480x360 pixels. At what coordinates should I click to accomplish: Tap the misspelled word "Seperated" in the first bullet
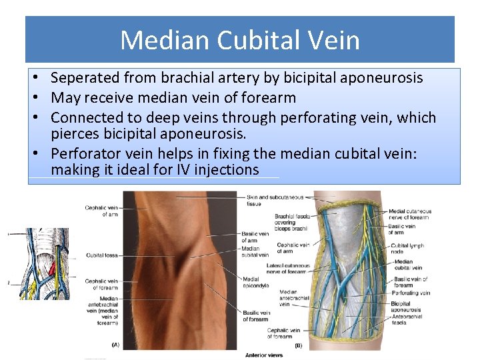click(x=83, y=78)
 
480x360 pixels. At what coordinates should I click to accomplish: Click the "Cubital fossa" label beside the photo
click(x=102, y=255)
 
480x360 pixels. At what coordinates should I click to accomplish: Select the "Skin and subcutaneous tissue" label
click(x=274, y=201)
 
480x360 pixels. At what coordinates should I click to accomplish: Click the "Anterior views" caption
click(x=263, y=355)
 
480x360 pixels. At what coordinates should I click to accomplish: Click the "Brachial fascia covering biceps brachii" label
click(x=291, y=222)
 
